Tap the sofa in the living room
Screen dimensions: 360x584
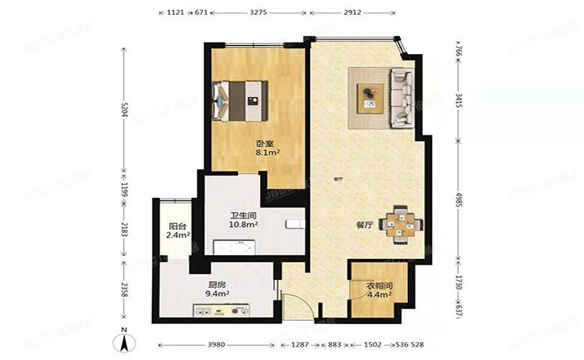[x=402, y=98]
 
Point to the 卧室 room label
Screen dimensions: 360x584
[x=265, y=143]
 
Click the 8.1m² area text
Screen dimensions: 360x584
[x=268, y=153]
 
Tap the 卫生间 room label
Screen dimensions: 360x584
[x=243, y=214]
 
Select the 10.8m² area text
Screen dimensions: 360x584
[x=243, y=225]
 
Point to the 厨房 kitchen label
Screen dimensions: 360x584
[x=218, y=284]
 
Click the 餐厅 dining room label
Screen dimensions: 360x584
[x=364, y=225]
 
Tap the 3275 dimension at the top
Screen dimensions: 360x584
[x=259, y=13]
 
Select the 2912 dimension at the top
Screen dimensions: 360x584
[x=352, y=13]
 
